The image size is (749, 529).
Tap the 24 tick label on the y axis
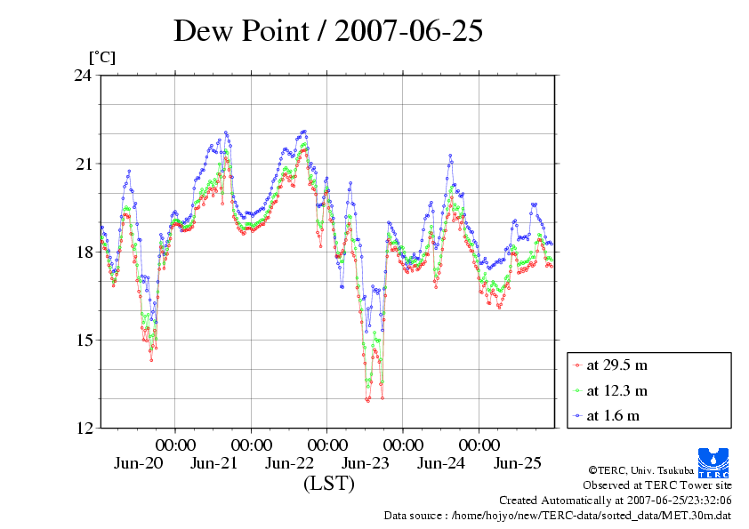click(83, 76)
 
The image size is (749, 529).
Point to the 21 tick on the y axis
click(83, 164)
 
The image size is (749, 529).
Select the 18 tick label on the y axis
click(83, 252)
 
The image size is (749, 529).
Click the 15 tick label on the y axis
click(83, 340)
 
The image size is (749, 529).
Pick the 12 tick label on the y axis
click(83, 428)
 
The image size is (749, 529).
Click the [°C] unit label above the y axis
click(101, 57)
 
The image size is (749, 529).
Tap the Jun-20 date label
click(138, 463)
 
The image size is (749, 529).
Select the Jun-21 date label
click(213, 463)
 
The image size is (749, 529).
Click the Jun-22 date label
click(289, 463)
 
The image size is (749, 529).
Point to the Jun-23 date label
click(366, 463)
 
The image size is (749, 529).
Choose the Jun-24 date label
click(441, 463)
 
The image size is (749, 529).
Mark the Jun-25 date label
click(517, 463)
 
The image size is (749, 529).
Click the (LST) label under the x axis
click(328, 485)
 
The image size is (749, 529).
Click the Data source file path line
click(557, 515)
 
